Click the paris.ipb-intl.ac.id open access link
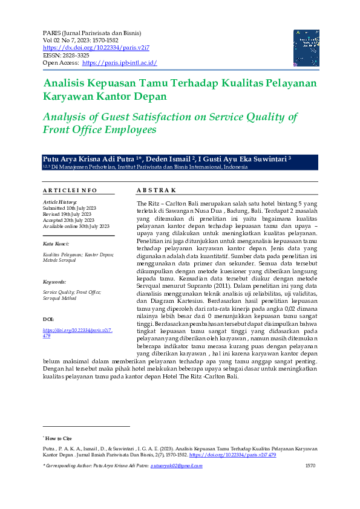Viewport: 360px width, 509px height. [120, 63]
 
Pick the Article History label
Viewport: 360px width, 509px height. [60, 201]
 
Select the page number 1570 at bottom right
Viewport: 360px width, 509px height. [310, 465]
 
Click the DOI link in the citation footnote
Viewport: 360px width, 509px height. [233, 454]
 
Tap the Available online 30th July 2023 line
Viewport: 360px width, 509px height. [76, 225]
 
